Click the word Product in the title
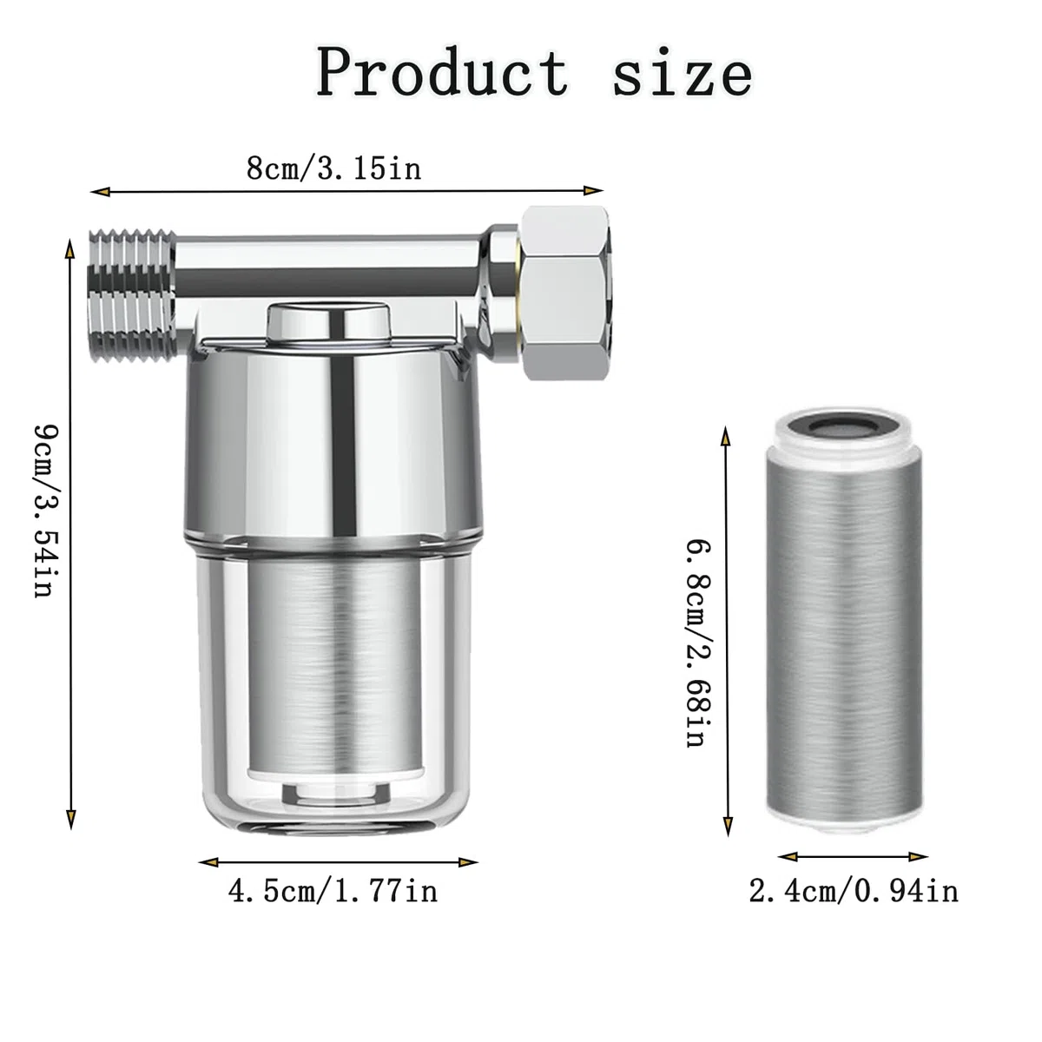[x=442, y=72]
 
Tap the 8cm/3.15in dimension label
[x=333, y=168]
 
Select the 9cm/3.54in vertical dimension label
[x=47, y=511]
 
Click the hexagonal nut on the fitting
[x=565, y=292]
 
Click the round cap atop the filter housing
[x=328, y=323]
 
